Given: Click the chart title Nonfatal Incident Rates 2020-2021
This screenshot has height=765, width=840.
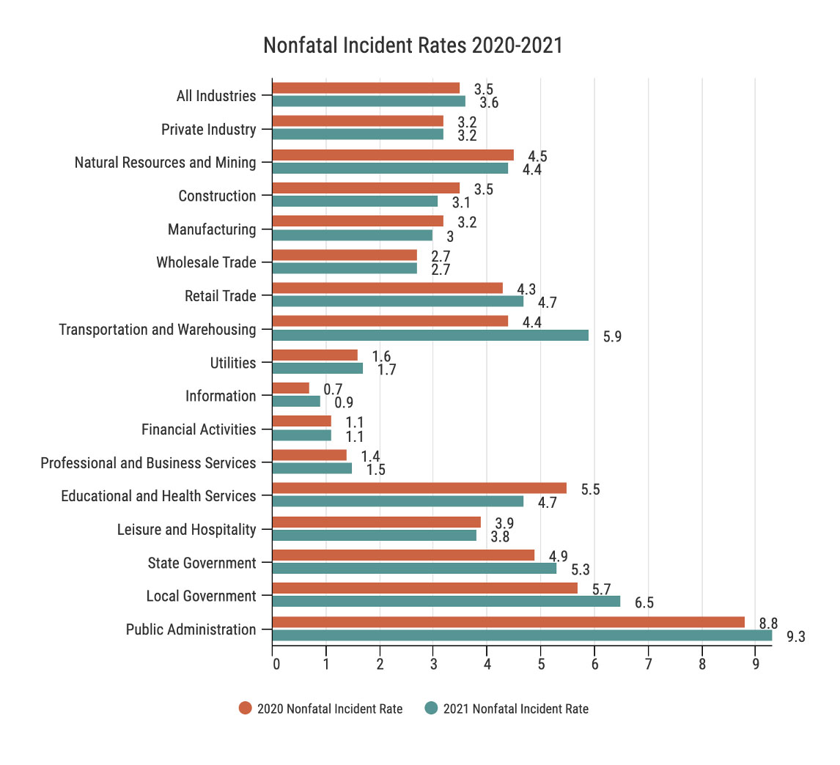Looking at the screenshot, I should [x=413, y=46].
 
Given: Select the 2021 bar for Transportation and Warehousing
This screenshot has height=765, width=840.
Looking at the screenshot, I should [x=430, y=335].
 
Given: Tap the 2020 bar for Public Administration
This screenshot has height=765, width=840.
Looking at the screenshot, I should [x=508, y=622].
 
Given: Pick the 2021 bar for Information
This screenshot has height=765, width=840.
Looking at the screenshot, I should [x=296, y=402].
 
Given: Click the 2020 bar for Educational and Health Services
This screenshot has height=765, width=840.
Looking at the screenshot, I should [x=419, y=488].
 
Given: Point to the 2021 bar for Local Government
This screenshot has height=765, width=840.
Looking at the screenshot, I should [x=446, y=602].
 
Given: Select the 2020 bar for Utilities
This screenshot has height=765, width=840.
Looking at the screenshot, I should [x=315, y=355].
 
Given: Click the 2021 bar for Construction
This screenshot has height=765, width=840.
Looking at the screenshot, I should [x=355, y=201].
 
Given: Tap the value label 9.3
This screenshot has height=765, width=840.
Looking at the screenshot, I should [x=795, y=637].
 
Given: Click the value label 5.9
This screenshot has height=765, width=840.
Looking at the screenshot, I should [x=612, y=336].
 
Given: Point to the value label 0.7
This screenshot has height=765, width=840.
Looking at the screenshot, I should [x=333, y=389].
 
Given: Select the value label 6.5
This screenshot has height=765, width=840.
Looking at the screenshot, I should [x=644, y=603].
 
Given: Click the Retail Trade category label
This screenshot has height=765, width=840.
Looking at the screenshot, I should [x=221, y=296].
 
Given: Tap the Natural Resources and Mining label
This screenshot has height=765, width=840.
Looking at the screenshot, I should [x=166, y=163].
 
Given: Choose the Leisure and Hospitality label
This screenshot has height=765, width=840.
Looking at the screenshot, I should [x=187, y=529].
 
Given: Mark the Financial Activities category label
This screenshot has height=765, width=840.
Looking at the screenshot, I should [x=199, y=429].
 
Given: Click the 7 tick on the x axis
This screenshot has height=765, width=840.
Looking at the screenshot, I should [x=648, y=665].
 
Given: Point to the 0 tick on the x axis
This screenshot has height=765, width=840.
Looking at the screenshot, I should [x=276, y=665].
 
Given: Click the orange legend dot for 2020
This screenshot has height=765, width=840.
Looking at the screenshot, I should [x=245, y=709].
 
